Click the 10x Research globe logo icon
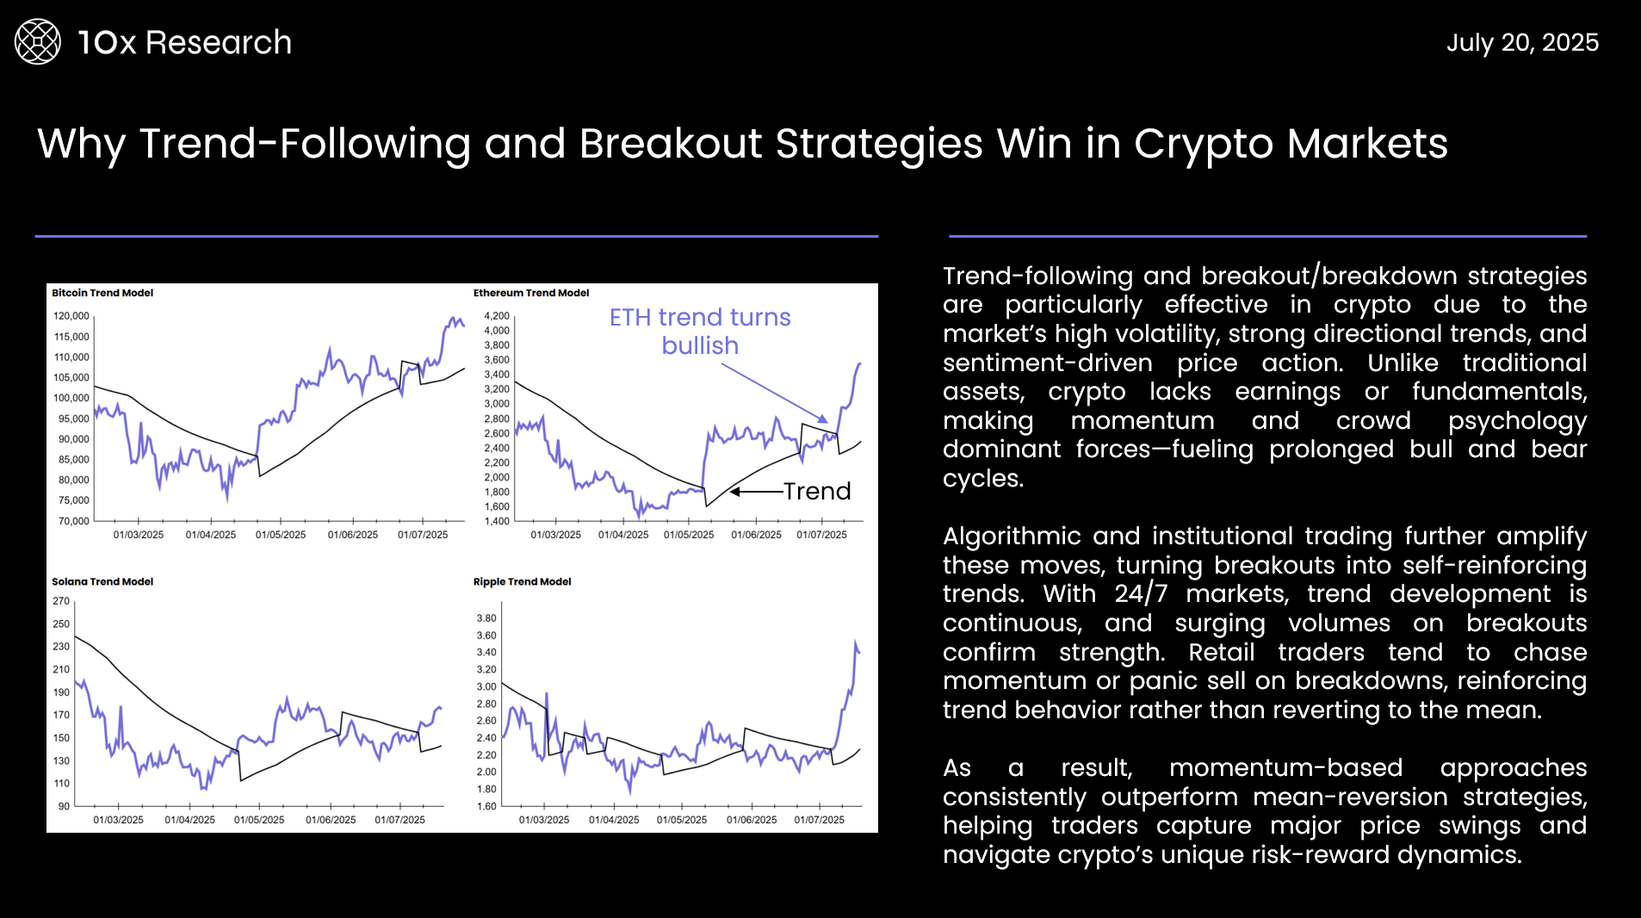[38, 42]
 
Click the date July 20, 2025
[1522, 43]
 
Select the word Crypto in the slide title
[1204, 144]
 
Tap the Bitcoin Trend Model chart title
[102, 293]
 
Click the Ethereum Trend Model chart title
[531, 293]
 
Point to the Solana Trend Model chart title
[102, 581]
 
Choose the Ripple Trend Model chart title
[522, 581]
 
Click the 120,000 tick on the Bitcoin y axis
[71, 316]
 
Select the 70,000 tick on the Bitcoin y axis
[74, 521]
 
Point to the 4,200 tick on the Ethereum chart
[497, 316]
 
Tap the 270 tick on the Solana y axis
[61, 601]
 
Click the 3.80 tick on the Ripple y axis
[486, 618]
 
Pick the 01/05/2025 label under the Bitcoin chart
[281, 535]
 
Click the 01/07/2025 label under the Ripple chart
[820, 820]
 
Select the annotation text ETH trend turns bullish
[700, 332]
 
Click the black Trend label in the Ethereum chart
[817, 491]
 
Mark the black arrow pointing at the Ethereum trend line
[757, 492]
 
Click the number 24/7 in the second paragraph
[1141, 594]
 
